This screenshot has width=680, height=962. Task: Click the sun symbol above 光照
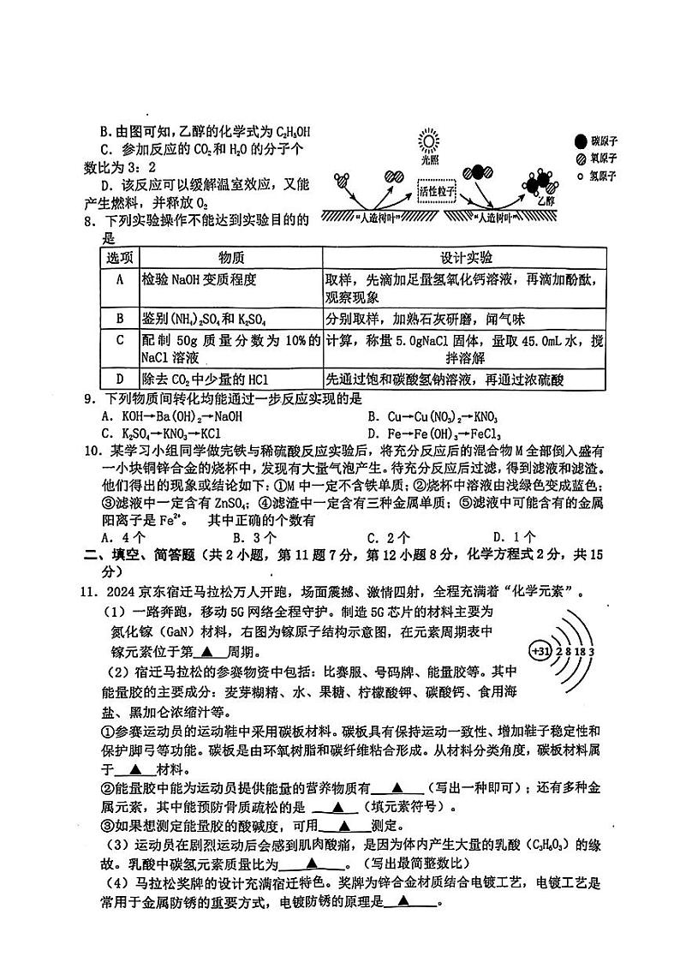tap(427, 141)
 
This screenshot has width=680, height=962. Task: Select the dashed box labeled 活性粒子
tap(436, 193)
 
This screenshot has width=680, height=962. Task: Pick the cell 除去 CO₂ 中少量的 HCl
tap(200, 379)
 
